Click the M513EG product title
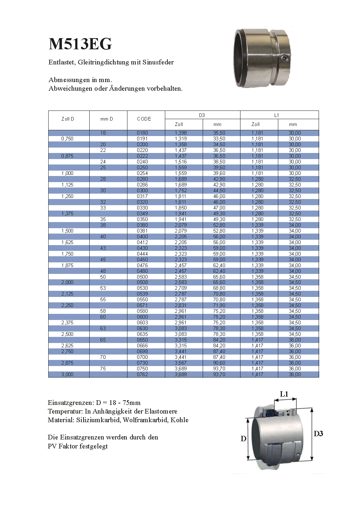[80, 44]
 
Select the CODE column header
[144, 119]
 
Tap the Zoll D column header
[68, 119]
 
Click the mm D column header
[107, 119]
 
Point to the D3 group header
[202, 115]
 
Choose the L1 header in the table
[276, 115]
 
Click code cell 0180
[142, 133]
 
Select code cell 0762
[142, 374]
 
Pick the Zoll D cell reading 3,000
[67, 374]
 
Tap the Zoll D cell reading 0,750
[67, 139]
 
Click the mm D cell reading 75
[103, 369]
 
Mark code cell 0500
[142, 277]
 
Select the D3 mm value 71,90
[219, 305]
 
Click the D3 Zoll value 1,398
[181, 133]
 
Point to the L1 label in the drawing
[284, 394]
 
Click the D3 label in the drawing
[318, 434]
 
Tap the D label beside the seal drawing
[243, 438]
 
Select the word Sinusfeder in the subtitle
[158, 62]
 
